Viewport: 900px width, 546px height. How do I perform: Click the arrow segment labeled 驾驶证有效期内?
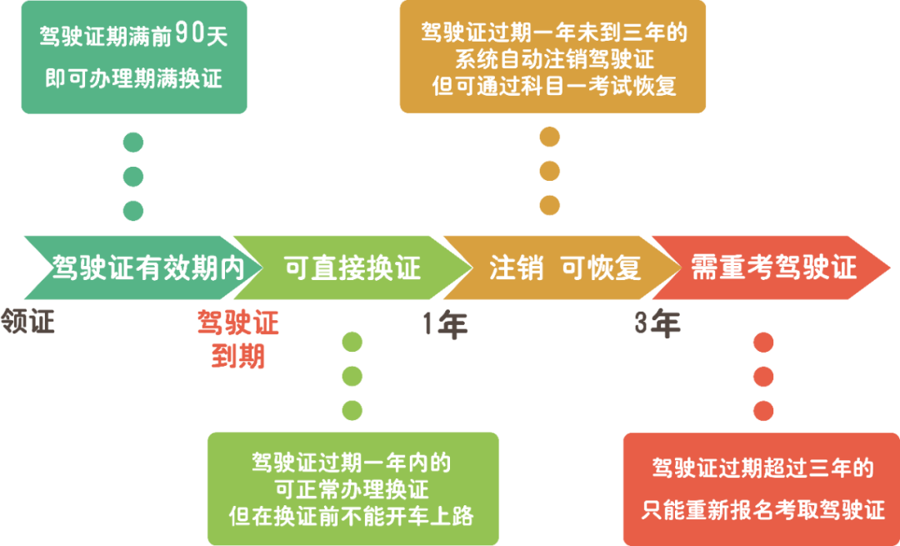pos(143,268)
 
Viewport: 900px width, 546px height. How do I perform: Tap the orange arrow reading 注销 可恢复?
pos(562,268)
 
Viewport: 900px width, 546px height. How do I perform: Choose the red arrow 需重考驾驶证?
pos(772,268)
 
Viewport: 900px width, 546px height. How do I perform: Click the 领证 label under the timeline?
pos(27,321)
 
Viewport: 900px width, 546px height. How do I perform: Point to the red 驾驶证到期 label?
pos(238,339)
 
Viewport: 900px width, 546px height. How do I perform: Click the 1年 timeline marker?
pos(445,325)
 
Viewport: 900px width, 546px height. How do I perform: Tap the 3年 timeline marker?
pos(657,324)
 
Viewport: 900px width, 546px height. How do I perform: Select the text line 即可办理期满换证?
pos(133,78)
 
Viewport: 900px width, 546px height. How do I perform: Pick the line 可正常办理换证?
pos(352,489)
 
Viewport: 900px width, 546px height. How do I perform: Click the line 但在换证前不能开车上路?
pos(352,515)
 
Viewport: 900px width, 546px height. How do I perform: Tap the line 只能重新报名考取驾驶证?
pos(763,510)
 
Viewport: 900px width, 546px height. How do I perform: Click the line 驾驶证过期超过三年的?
pos(763,468)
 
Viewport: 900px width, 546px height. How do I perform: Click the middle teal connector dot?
pos(133,176)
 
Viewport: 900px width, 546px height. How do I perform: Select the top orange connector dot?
pos(550,138)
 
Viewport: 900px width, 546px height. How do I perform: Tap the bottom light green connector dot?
pos(352,410)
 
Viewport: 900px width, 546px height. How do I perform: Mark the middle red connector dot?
pos(763,377)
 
